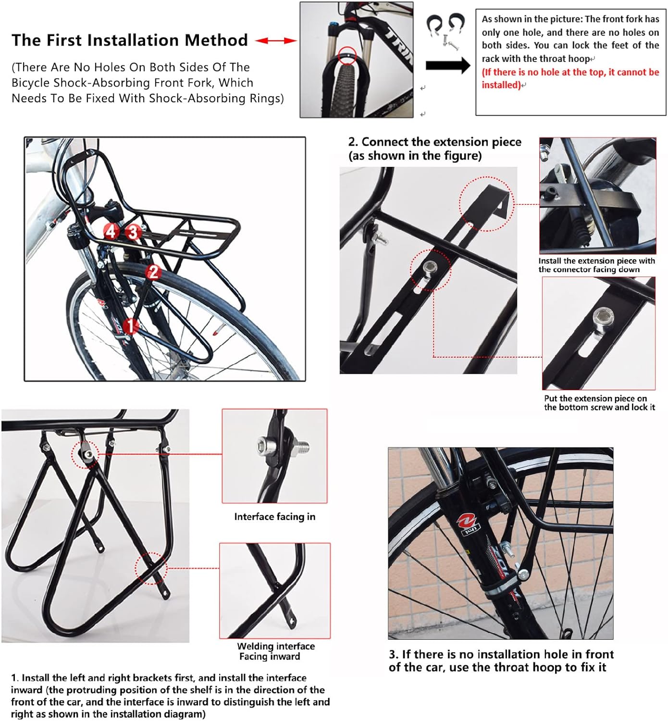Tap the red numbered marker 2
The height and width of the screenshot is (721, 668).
(153, 272)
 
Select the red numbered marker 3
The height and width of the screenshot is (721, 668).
(133, 233)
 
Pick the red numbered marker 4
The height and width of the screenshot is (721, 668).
(111, 232)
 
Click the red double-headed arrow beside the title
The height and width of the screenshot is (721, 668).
(276, 41)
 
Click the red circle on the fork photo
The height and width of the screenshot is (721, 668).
(347, 56)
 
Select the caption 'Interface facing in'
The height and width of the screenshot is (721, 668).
(274, 517)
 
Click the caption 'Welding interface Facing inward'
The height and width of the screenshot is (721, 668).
(275, 651)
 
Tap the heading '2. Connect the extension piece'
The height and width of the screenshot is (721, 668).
(434, 142)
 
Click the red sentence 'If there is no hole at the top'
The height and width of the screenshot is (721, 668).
(570, 78)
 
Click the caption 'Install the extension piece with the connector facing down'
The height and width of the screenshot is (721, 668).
(596, 265)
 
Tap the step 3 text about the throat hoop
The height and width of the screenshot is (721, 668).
(501, 660)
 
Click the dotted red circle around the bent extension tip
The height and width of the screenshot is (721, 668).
(486, 204)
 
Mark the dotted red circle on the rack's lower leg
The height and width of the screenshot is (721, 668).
(151, 568)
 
